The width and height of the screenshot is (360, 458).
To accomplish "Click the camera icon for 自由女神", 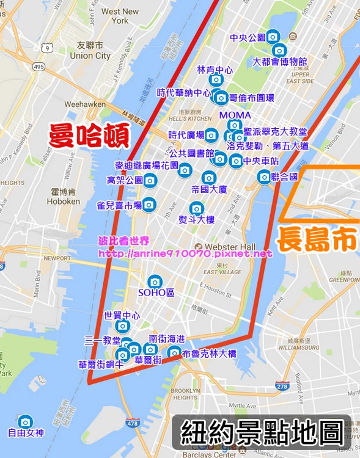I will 25,422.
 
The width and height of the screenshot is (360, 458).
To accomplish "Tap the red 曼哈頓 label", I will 89,136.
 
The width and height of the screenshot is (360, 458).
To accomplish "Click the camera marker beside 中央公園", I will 273,37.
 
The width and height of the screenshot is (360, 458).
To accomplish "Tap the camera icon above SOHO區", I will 155,282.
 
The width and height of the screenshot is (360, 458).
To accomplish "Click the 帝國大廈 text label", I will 209,189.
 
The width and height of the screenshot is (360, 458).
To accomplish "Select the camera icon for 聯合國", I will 264,177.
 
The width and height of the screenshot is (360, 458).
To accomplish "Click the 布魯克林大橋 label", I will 210,354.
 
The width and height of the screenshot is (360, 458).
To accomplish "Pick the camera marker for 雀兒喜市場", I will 149,205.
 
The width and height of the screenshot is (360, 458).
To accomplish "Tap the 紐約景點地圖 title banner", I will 262,434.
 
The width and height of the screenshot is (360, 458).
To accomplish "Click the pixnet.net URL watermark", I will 185,253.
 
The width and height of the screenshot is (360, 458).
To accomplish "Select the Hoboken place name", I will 64,201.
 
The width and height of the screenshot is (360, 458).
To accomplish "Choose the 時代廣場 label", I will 186,136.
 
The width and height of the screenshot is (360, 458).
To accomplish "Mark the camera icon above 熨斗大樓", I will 196,208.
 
